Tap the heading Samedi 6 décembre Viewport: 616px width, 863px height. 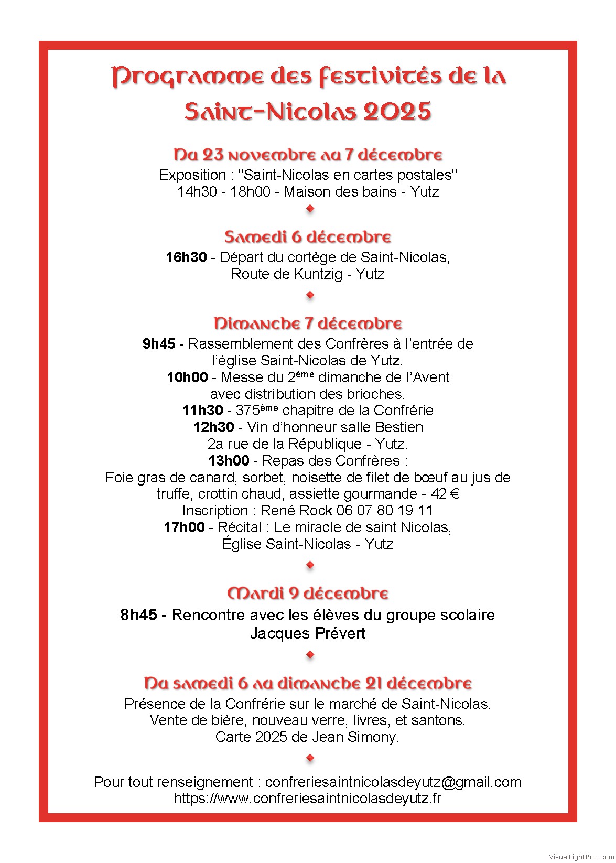[x=308, y=237]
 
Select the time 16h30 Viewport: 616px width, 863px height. [x=186, y=257]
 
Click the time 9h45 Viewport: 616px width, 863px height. [x=159, y=344]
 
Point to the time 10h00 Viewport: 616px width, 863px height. [x=187, y=377]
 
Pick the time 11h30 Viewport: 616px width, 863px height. [x=202, y=411]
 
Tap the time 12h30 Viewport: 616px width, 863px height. [x=213, y=427]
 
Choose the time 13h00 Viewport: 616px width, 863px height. [x=229, y=461]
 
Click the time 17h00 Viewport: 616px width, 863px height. [x=184, y=527]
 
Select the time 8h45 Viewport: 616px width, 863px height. [x=138, y=614]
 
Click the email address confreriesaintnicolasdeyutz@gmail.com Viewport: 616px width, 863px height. [x=393, y=782]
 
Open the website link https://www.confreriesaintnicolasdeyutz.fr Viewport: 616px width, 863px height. [x=308, y=799]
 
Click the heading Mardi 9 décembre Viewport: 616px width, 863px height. [x=308, y=594]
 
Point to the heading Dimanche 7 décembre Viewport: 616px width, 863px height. [x=308, y=323]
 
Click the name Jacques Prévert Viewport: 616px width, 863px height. [x=308, y=633]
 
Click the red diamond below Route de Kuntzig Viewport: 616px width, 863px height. [x=310, y=295]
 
